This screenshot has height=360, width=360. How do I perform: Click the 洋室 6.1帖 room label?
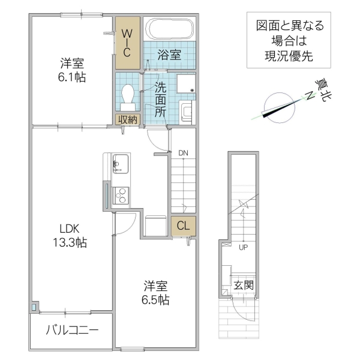click(71, 70)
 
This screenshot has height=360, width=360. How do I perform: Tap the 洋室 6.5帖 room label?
click(155, 292)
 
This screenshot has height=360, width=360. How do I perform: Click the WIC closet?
click(127, 43)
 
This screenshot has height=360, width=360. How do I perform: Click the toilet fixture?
click(127, 93)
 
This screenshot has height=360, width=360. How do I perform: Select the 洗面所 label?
click(160, 98)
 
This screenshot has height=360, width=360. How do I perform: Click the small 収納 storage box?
click(127, 119)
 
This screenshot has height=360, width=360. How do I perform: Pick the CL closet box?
click(184, 226)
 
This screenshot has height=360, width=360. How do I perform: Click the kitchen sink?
click(120, 163)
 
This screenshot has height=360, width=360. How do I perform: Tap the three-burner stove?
click(121, 196)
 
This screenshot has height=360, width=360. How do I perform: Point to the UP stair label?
click(243, 247)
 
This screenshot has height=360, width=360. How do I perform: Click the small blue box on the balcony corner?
click(34, 308)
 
